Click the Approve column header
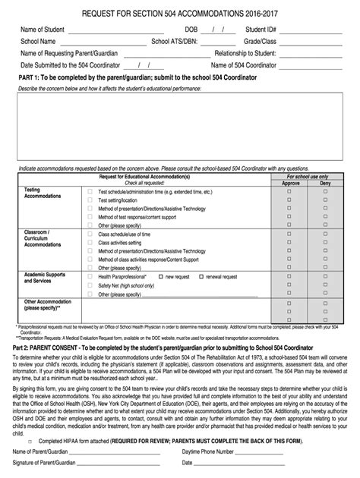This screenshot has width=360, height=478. [291, 184]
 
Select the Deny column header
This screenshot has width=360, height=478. [325, 184]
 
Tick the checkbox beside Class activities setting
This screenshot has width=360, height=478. [91, 243]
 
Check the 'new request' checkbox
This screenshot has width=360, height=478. [160, 277]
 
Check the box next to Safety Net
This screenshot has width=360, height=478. [91, 286]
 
